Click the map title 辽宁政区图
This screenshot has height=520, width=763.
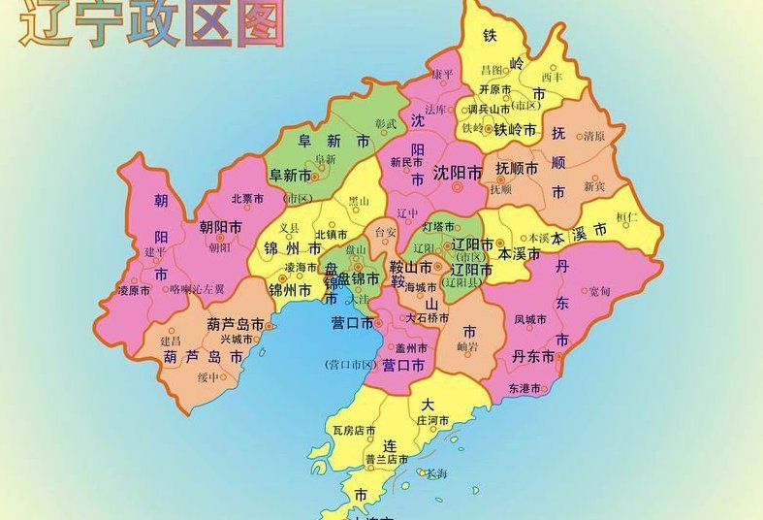pos(151,25)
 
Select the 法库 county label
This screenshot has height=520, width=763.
pos(435,110)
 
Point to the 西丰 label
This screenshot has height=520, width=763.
pos(552,77)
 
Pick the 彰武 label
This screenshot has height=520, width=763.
pos(386,123)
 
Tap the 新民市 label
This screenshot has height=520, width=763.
pos(407,162)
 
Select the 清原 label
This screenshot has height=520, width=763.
pos(594,137)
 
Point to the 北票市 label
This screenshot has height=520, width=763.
pos(247,198)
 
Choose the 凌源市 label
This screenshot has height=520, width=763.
pos(134,289)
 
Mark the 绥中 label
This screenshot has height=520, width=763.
pos(208,377)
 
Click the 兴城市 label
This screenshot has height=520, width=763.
pos(237,339)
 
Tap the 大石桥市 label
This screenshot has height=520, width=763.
pos(427,317)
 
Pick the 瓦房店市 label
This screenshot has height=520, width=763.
pos(354,429)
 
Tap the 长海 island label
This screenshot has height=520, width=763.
pos(436,473)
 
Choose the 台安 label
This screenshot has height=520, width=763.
pos(385,233)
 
